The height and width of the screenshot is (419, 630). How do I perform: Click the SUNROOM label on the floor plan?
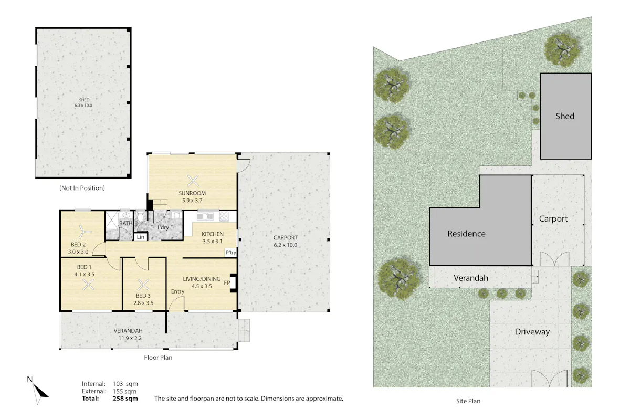(x=192, y=193)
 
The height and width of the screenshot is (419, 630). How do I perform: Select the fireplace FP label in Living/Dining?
(x=227, y=283)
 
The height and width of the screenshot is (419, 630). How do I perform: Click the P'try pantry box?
(x=231, y=253)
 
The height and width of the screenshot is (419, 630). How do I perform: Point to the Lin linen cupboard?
(x=140, y=237)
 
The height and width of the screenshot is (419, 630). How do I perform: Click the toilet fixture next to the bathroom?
(x=140, y=217)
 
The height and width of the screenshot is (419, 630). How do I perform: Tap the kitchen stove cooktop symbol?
(x=224, y=216)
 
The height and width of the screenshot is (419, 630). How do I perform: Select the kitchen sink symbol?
(x=205, y=216)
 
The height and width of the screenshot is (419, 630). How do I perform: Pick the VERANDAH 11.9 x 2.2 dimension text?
(x=129, y=338)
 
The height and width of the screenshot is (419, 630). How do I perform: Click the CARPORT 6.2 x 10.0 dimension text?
(x=285, y=245)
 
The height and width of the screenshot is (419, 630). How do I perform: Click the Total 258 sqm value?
(x=125, y=399)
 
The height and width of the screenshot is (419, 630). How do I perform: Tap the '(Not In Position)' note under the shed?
(x=82, y=188)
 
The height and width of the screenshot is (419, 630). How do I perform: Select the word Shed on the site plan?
(x=565, y=116)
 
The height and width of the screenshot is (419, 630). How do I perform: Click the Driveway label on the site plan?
(x=532, y=332)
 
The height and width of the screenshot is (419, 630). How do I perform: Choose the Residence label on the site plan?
(x=466, y=234)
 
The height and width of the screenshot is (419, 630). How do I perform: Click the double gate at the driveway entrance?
(x=549, y=379)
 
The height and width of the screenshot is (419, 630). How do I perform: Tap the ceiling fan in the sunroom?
(x=193, y=181)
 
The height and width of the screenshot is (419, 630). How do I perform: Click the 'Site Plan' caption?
(x=468, y=401)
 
